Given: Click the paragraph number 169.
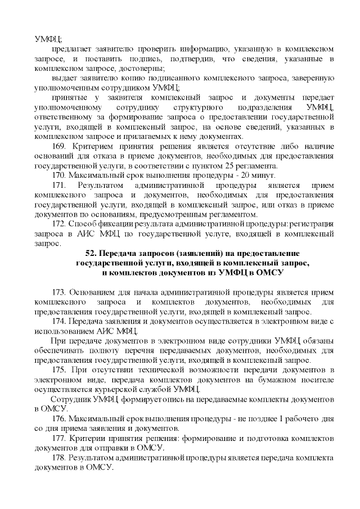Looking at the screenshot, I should pyautogui.click(x=60, y=146).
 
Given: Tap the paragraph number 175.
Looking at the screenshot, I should pyautogui.click(x=60, y=369).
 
